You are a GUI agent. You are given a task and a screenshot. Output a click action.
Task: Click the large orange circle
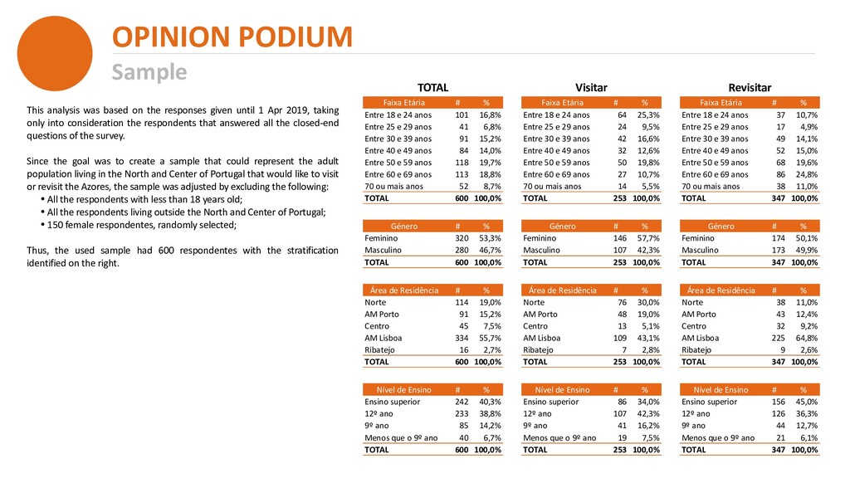[55, 53]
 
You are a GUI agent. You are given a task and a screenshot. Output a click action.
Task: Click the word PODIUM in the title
[296, 37]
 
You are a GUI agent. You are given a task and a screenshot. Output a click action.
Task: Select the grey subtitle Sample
[149, 72]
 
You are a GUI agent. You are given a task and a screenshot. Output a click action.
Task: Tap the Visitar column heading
[591, 87]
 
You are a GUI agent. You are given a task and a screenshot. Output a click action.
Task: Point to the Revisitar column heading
[750, 87]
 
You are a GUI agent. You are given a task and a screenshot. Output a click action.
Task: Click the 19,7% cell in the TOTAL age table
[490, 163]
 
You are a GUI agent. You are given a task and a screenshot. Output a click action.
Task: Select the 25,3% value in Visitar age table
[648, 115]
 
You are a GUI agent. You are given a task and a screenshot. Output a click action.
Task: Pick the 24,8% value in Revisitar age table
[807, 174]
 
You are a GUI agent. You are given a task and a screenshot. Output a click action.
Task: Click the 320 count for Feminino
[462, 238]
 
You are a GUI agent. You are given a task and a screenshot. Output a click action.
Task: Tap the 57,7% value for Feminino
[648, 238]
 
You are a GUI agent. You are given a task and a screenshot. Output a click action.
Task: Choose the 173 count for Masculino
[779, 250]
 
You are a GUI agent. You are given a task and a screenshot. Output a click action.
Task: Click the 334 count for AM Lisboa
[462, 338]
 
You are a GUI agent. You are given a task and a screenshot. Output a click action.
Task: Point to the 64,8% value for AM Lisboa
[807, 338]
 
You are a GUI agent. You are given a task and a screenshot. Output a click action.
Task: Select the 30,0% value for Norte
[648, 302]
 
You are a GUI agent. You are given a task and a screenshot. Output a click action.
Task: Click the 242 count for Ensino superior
[462, 402]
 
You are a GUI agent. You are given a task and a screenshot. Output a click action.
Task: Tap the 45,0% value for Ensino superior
[807, 402]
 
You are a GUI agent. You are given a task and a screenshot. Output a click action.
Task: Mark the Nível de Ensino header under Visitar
[562, 390]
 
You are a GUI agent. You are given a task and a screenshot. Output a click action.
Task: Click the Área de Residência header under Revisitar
[721, 290]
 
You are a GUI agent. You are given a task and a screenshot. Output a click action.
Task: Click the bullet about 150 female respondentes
[139, 225]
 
